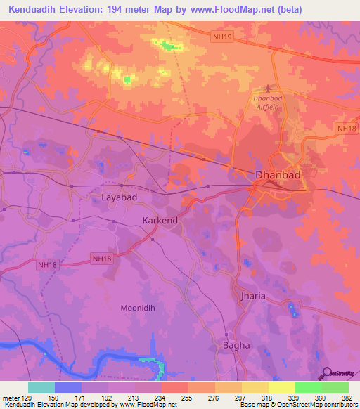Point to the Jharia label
[254, 296]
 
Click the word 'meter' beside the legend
[10, 397]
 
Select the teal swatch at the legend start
[41, 387]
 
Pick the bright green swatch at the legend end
[335, 387]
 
